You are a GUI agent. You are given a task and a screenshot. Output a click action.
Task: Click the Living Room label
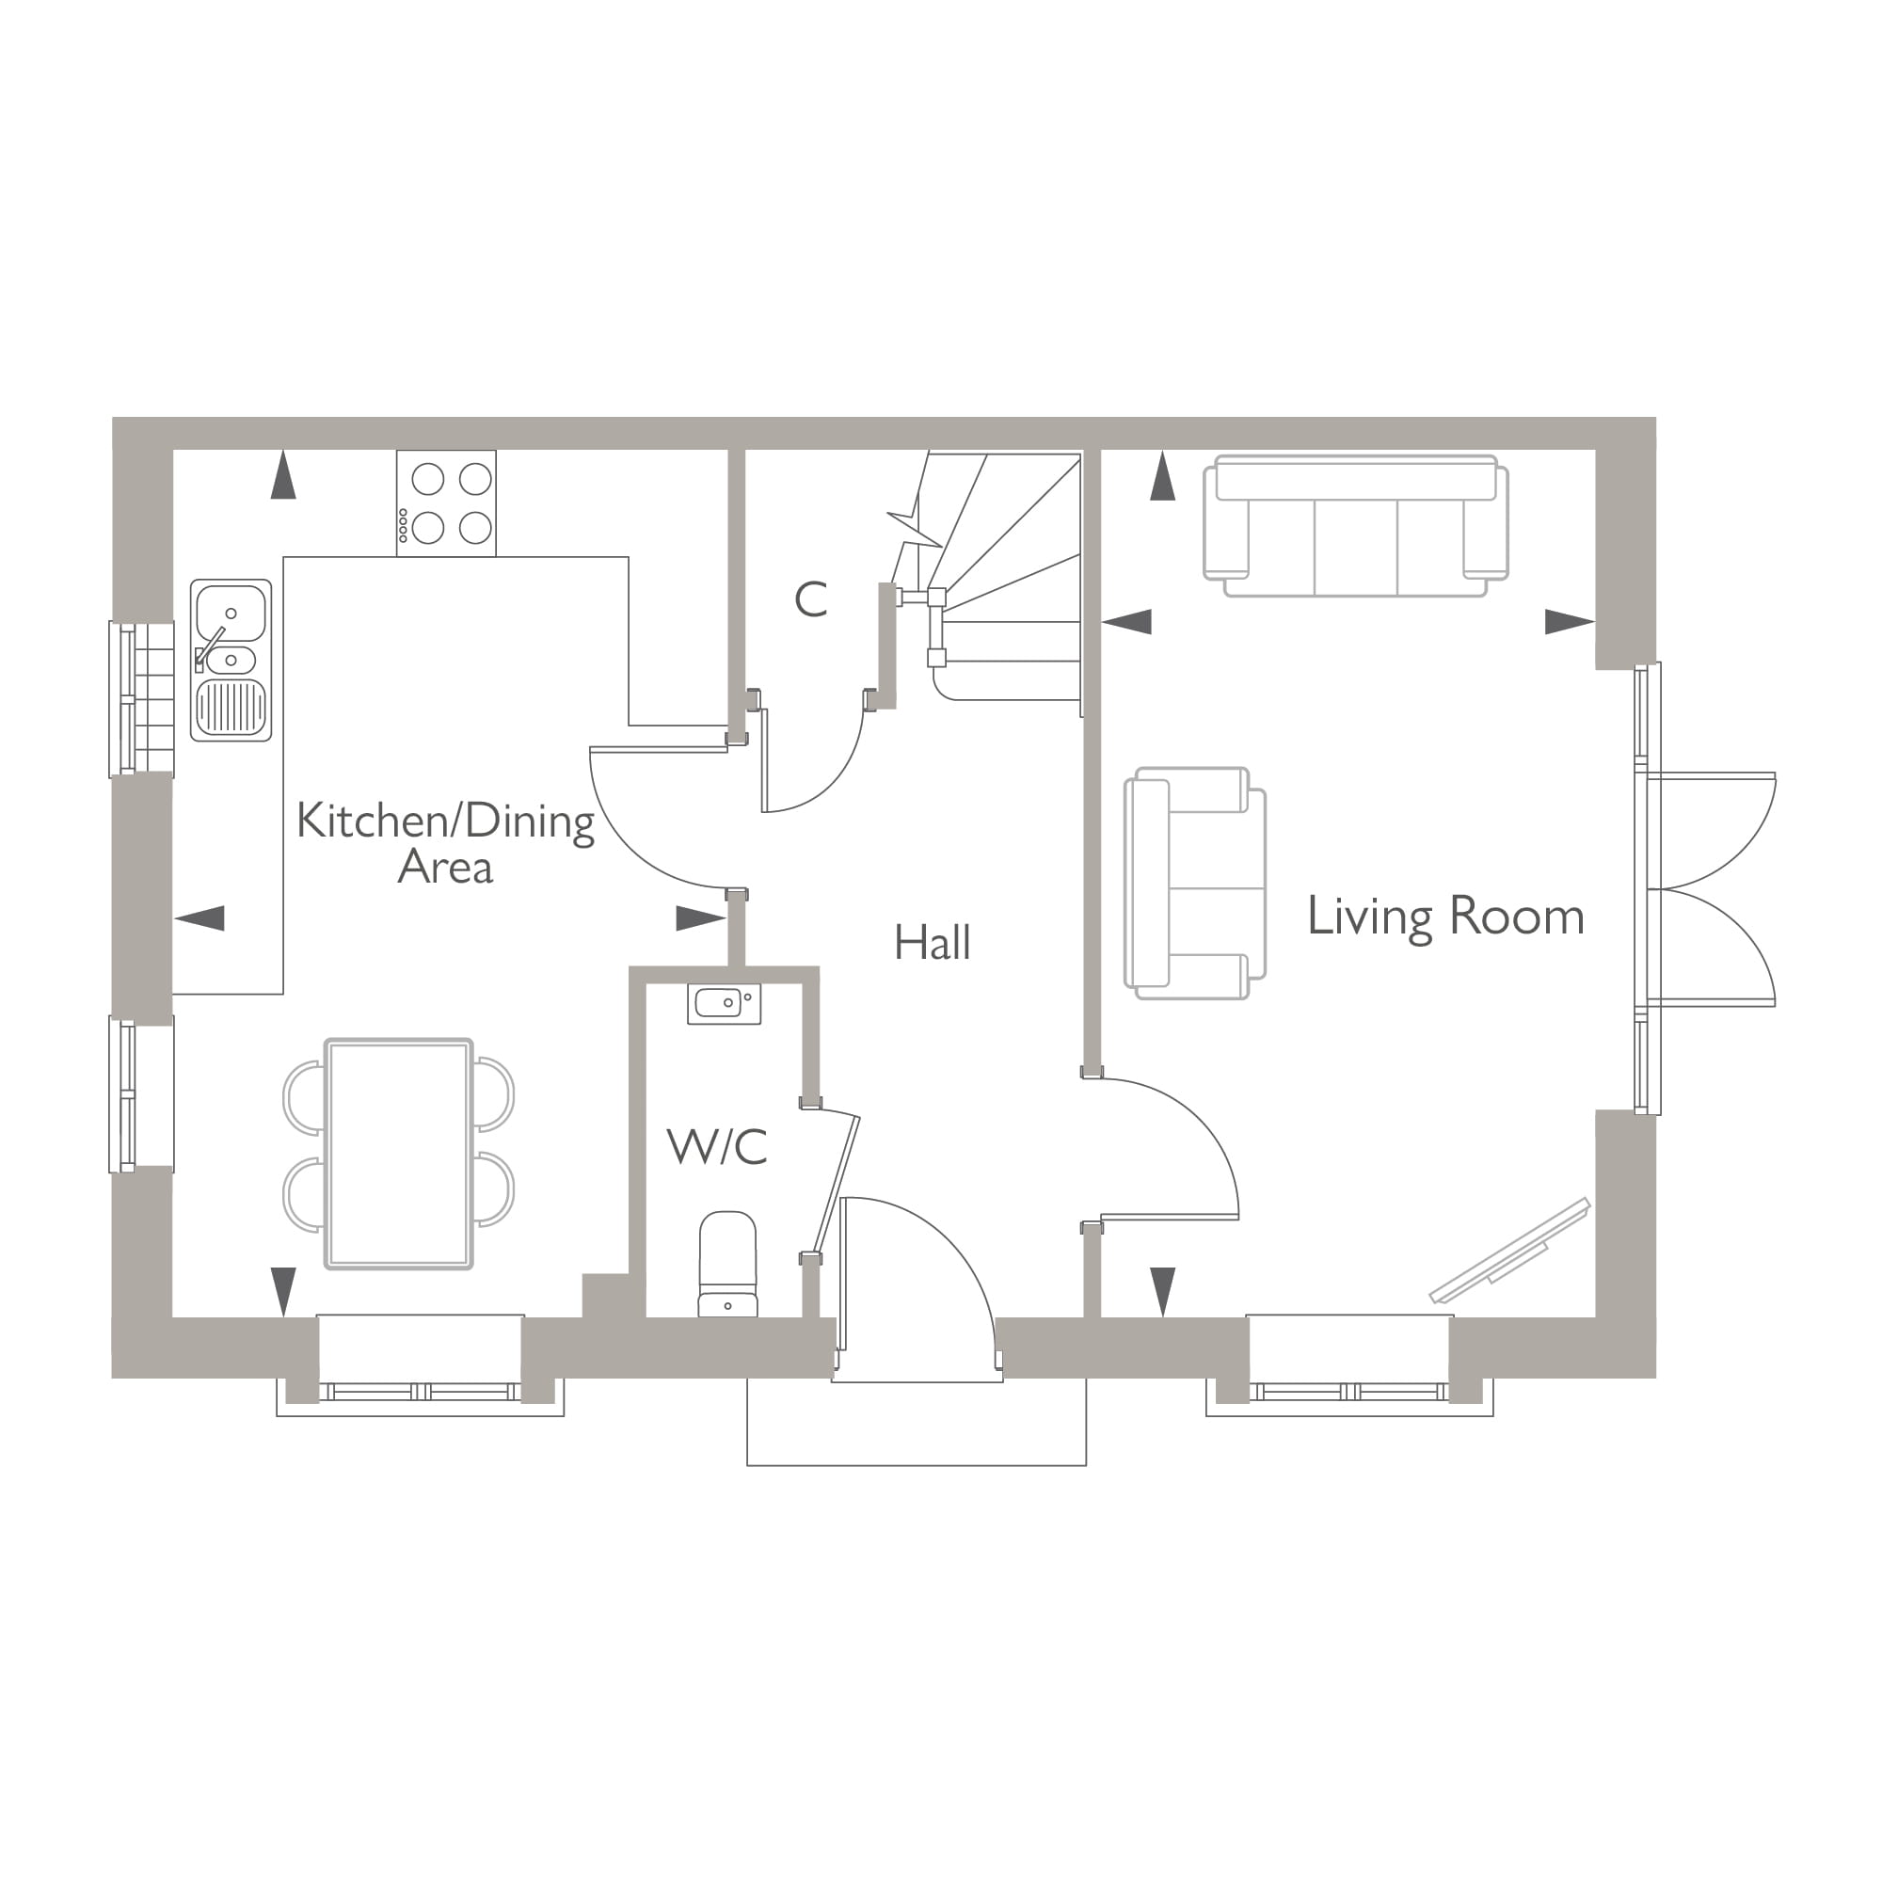[x=1445, y=917]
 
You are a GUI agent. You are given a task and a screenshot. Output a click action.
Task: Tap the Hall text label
[x=933, y=943]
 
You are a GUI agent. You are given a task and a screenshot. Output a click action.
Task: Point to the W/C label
[x=717, y=1146]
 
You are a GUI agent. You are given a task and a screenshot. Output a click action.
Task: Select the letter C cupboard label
[x=810, y=600]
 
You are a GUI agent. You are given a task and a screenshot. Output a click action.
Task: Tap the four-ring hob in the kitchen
[x=446, y=503]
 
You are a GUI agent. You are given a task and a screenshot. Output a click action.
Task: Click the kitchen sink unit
[x=231, y=661]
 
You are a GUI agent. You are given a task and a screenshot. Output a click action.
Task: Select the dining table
[x=398, y=1155]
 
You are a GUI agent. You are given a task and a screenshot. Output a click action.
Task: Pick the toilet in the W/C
[x=727, y=1265]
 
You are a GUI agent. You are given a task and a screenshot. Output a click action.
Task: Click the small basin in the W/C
[x=724, y=1002]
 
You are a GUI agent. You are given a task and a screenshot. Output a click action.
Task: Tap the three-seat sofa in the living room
[x=1355, y=527]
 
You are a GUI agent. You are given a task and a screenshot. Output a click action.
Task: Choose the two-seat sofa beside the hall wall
[x=1194, y=883]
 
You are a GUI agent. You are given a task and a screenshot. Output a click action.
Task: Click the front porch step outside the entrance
[x=916, y=1423]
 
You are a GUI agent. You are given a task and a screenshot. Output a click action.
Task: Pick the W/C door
[x=837, y=1184]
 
